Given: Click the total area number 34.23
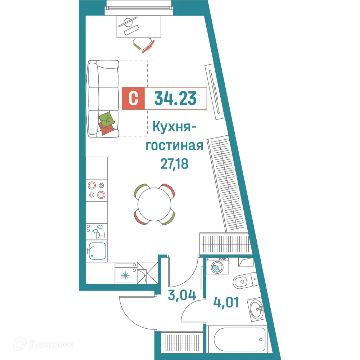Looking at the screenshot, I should [175, 98].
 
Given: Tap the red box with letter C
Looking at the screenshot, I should [133, 98].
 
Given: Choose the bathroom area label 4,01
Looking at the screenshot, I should [226, 301].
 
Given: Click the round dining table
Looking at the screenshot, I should [154, 204].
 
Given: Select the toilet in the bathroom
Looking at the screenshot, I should [244, 280].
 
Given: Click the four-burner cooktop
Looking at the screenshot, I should [96, 190].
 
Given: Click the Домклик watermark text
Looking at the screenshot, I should [50, 345].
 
